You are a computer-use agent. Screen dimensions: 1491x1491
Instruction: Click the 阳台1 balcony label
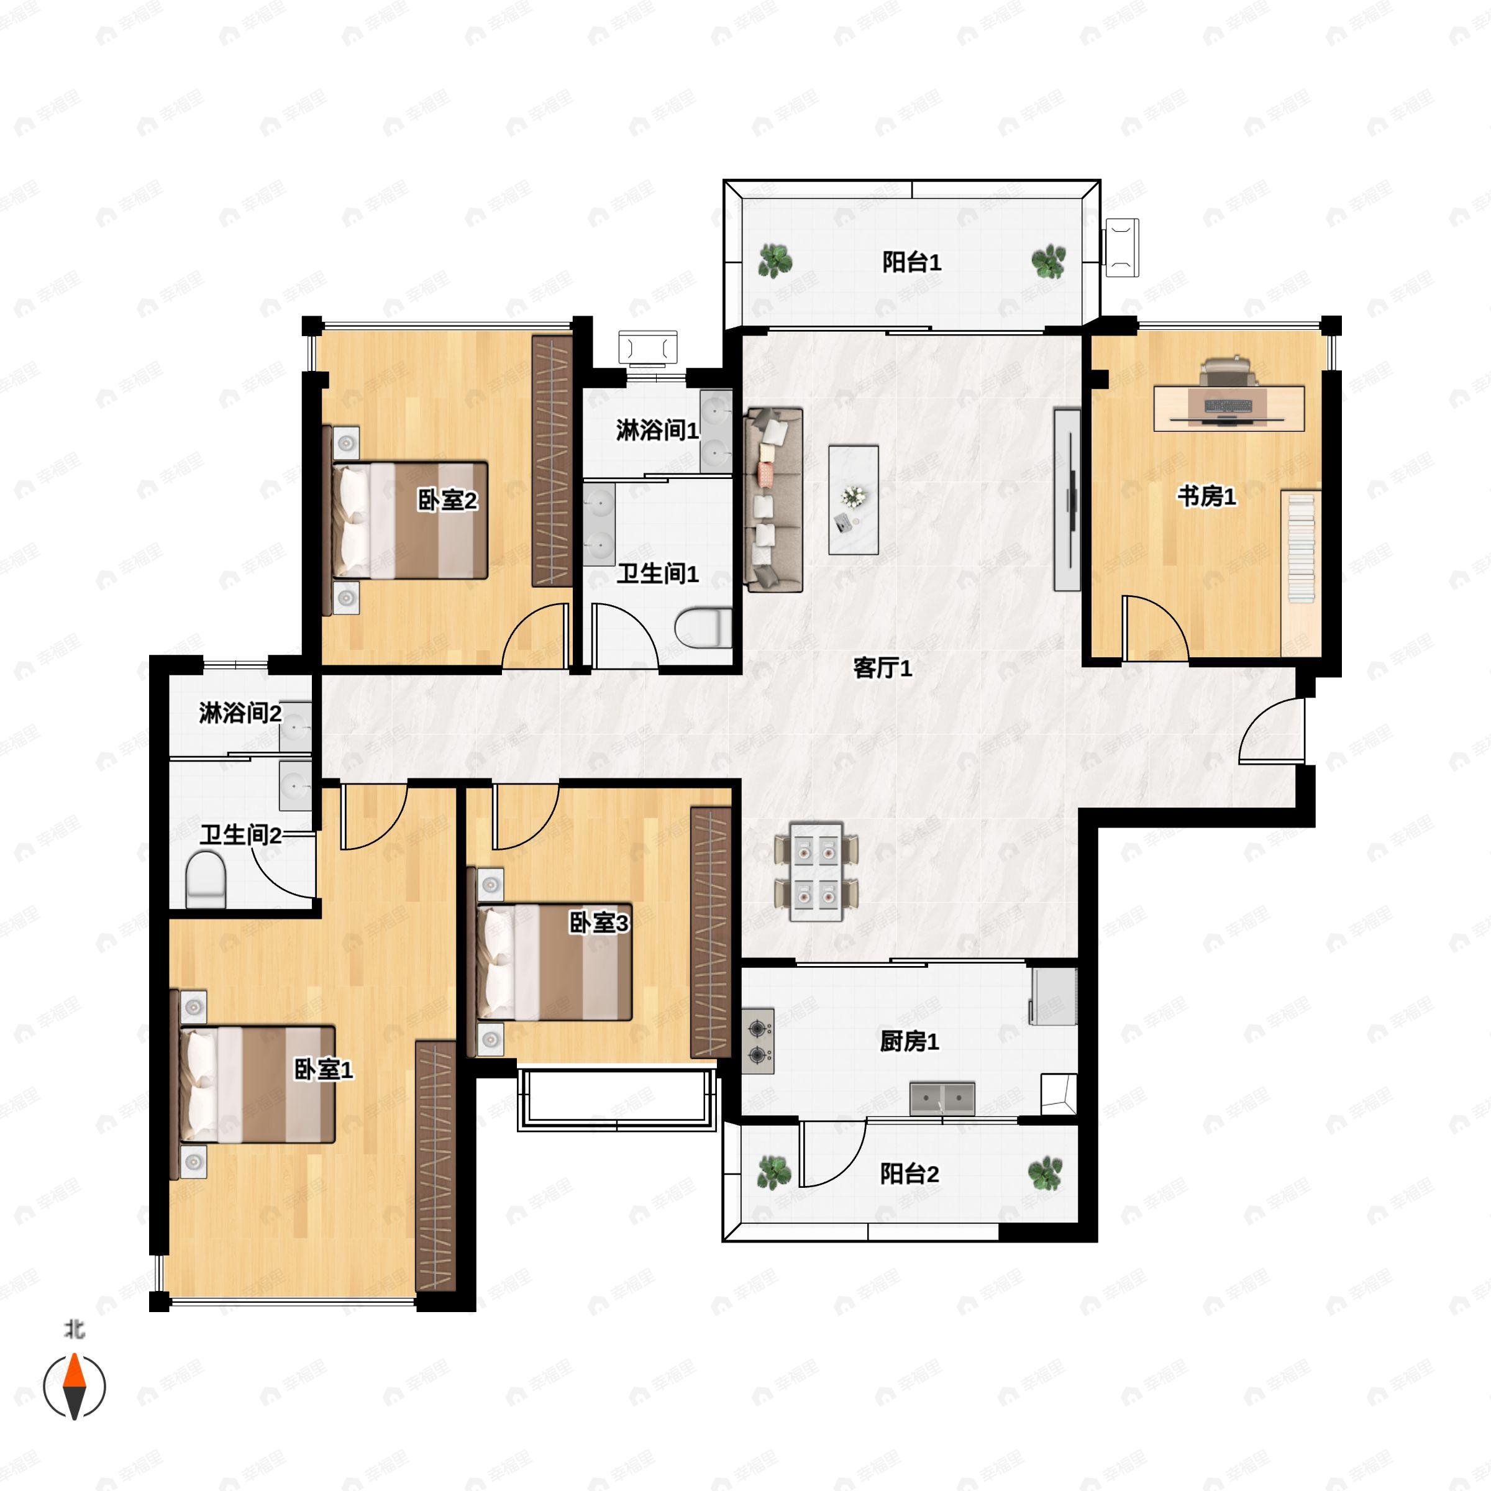coord(911,262)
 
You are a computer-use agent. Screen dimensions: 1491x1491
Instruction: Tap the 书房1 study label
coord(1206,496)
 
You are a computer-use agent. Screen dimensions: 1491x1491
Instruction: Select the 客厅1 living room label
coord(882,668)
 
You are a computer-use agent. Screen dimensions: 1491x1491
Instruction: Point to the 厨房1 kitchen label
coord(909,1041)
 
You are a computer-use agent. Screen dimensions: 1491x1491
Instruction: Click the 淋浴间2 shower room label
coord(240,713)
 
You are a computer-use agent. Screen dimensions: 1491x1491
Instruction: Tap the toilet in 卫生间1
coord(703,627)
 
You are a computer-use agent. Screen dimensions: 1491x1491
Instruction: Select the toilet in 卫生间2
coord(205,879)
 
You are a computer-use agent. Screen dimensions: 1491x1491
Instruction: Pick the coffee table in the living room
coord(854,499)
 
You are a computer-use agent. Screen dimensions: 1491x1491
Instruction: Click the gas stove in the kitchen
coord(759,1041)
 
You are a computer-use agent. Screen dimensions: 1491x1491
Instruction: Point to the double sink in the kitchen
coord(942,1099)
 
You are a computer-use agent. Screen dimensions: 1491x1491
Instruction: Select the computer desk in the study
coord(1229,408)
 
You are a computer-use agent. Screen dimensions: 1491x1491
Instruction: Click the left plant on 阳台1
coord(774,261)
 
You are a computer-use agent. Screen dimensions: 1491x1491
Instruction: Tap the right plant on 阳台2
coord(1045,1172)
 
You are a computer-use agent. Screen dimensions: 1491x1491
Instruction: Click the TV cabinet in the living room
coord(1067,500)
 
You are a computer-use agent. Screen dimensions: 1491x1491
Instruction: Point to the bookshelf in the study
coord(1301,572)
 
